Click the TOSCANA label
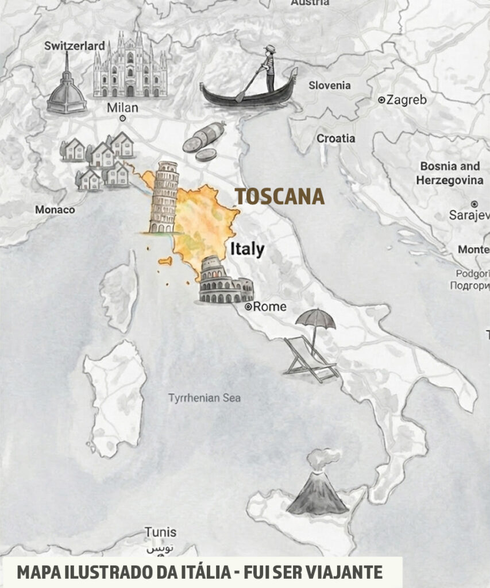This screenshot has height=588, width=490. pos(280,196)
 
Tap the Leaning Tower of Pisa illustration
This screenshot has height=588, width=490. pos(164,197)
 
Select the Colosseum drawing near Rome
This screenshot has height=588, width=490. pos(225,284)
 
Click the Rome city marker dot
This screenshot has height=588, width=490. pos(249,307)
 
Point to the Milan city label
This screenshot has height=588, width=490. pos(122,108)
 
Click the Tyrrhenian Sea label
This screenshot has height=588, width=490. pos(205,397)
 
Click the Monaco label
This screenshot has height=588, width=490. pos(55,210)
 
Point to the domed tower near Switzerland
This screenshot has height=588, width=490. pos(67,86)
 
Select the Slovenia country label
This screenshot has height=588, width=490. pos(329,86)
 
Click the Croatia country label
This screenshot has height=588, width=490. pos(335,138)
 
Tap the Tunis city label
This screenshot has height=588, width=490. pos(160,532)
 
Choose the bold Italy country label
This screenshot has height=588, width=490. pos(247,249)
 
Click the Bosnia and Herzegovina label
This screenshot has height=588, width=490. pos(450,173)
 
